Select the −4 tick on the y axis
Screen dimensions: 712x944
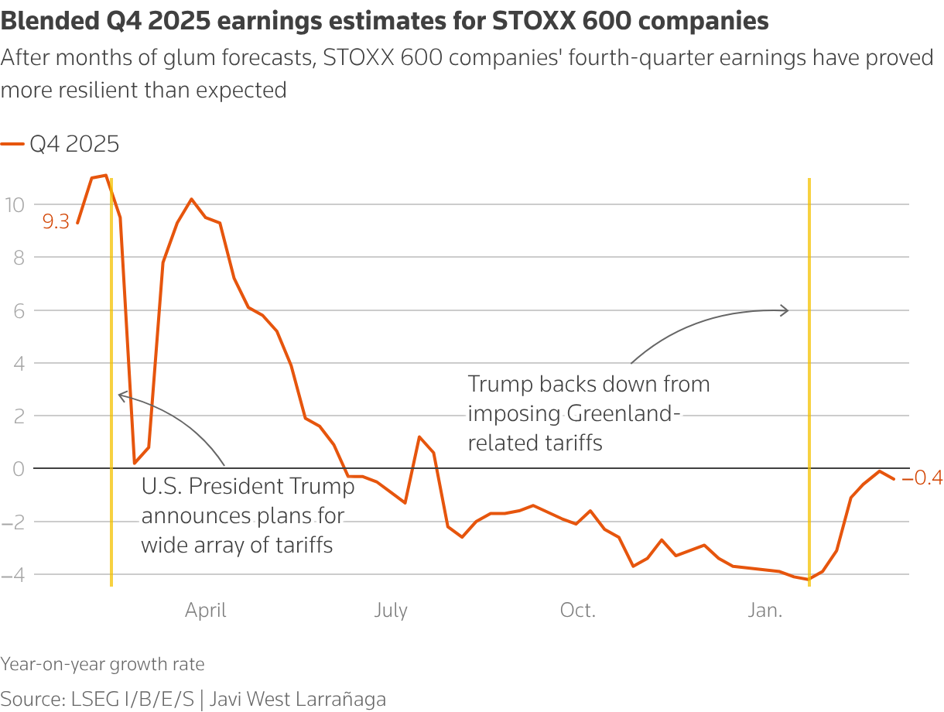[13, 574]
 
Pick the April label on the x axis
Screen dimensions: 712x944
[206, 611]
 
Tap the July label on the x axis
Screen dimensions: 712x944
[391, 611]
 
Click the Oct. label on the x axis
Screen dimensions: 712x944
[578, 611]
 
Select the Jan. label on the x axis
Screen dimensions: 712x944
[764, 611]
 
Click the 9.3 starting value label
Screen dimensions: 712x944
[56, 223]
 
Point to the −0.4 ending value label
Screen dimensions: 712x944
[922, 478]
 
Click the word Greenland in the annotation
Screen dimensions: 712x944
[623, 413]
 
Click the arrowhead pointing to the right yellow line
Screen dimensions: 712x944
[785, 310]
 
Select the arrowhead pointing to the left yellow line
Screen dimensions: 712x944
[120, 395]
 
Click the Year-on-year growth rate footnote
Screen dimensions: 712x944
[103, 664]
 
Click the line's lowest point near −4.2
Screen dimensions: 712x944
[809, 580]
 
